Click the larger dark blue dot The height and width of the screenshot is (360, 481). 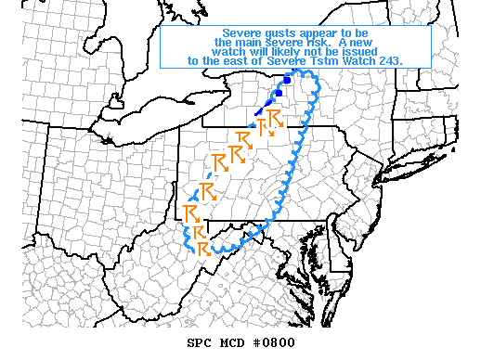click(x=287, y=80)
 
